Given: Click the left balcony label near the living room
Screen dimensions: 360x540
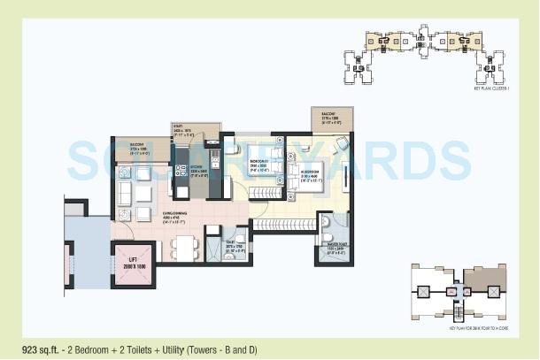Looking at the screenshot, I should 137,147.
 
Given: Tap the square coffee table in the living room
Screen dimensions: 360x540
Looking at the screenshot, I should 143,192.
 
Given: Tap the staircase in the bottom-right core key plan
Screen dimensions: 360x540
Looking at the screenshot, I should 459,312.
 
